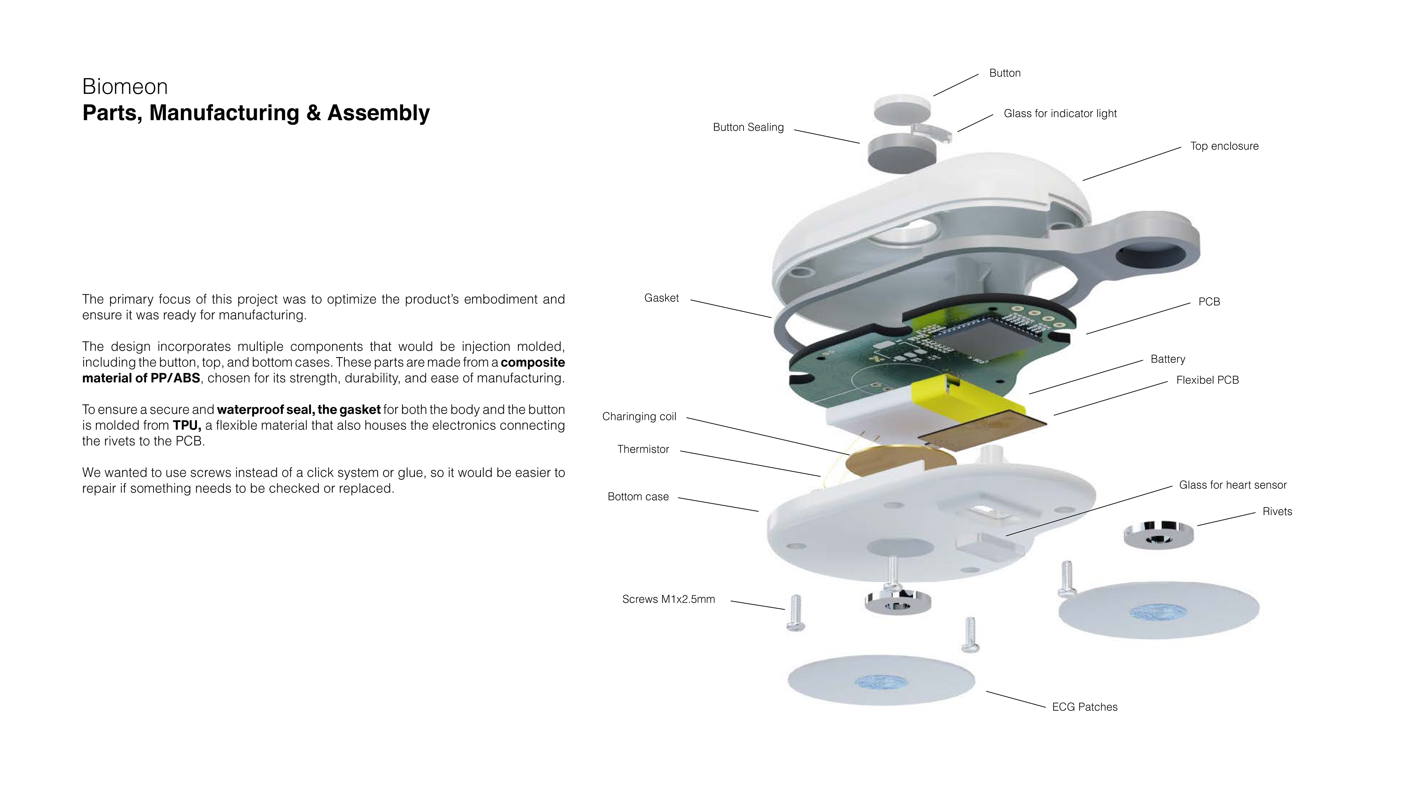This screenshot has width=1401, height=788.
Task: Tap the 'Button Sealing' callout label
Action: pyautogui.click(x=748, y=127)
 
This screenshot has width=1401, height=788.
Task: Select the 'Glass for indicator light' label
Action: pyautogui.click(x=1060, y=114)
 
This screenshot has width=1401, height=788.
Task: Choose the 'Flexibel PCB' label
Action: pyautogui.click(x=1207, y=380)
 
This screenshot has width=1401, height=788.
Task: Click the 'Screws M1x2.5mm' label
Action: pyautogui.click(x=668, y=599)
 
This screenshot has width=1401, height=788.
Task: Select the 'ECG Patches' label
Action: pyautogui.click(x=1084, y=707)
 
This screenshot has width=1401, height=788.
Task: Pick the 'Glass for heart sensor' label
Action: pyautogui.click(x=1232, y=485)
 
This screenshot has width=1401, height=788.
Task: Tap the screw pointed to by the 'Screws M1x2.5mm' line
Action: pyautogui.click(x=795, y=613)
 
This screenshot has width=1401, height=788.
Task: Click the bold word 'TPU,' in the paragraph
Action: pyautogui.click(x=186, y=425)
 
